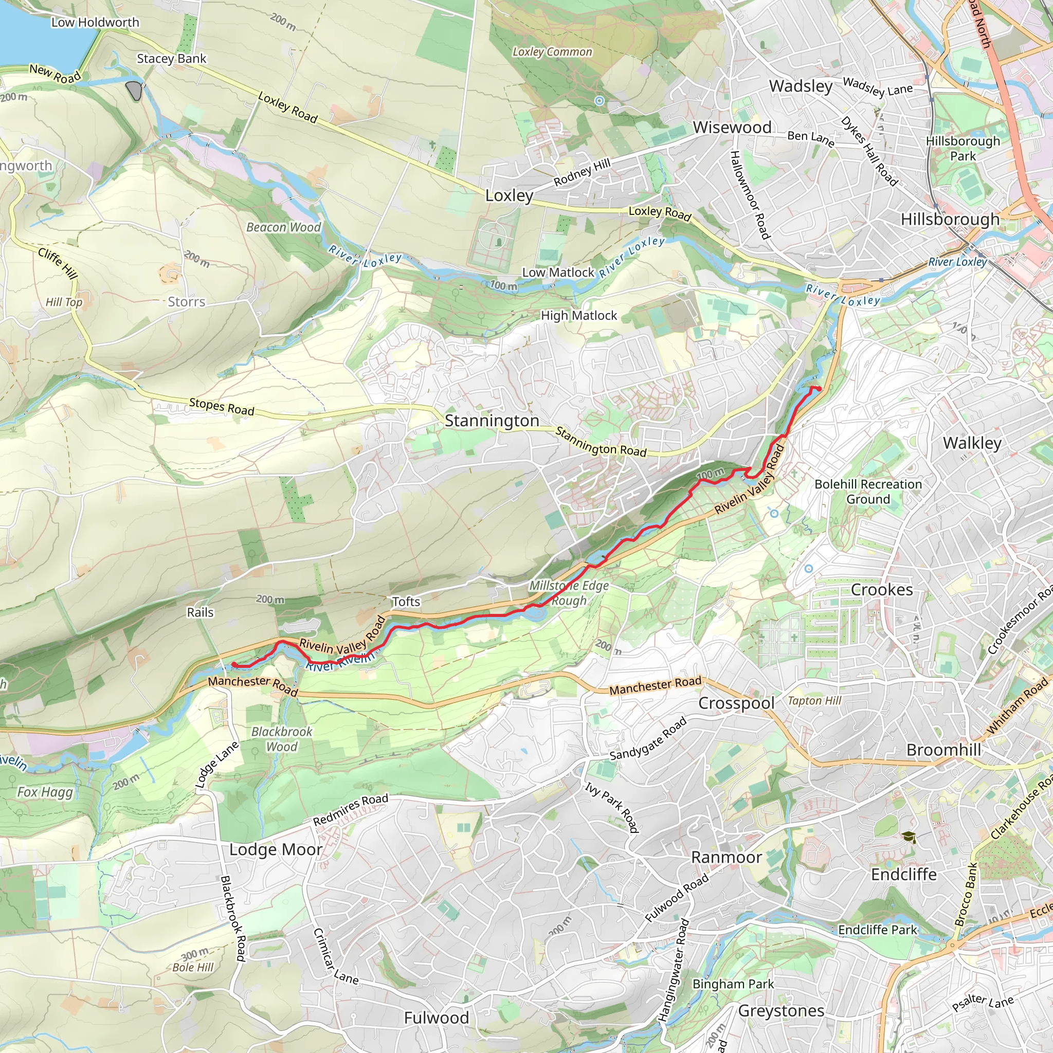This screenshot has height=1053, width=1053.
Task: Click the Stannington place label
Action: click(x=492, y=421)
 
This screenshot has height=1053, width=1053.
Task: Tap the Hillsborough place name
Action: click(x=950, y=219)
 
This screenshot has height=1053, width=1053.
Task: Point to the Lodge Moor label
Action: click(x=275, y=850)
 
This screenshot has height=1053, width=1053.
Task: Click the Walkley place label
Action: click(x=972, y=443)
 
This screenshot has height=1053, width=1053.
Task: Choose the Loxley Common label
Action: click(x=552, y=52)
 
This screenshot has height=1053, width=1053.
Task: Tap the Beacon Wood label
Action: click(x=283, y=227)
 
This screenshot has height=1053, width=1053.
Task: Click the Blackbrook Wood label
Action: click(x=282, y=739)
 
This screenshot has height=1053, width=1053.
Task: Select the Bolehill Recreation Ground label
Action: click(x=868, y=492)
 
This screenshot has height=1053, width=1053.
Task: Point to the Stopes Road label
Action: click(x=222, y=407)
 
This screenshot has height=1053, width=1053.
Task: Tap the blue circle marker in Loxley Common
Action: click(x=600, y=100)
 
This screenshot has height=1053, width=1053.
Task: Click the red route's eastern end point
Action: click(x=819, y=389)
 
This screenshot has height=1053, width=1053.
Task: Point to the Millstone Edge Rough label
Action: click(x=569, y=593)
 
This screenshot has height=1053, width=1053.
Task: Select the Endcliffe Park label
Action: click(x=878, y=930)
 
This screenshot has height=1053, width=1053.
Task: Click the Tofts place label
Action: click(x=406, y=602)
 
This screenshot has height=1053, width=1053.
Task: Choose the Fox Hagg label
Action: click(x=45, y=792)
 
